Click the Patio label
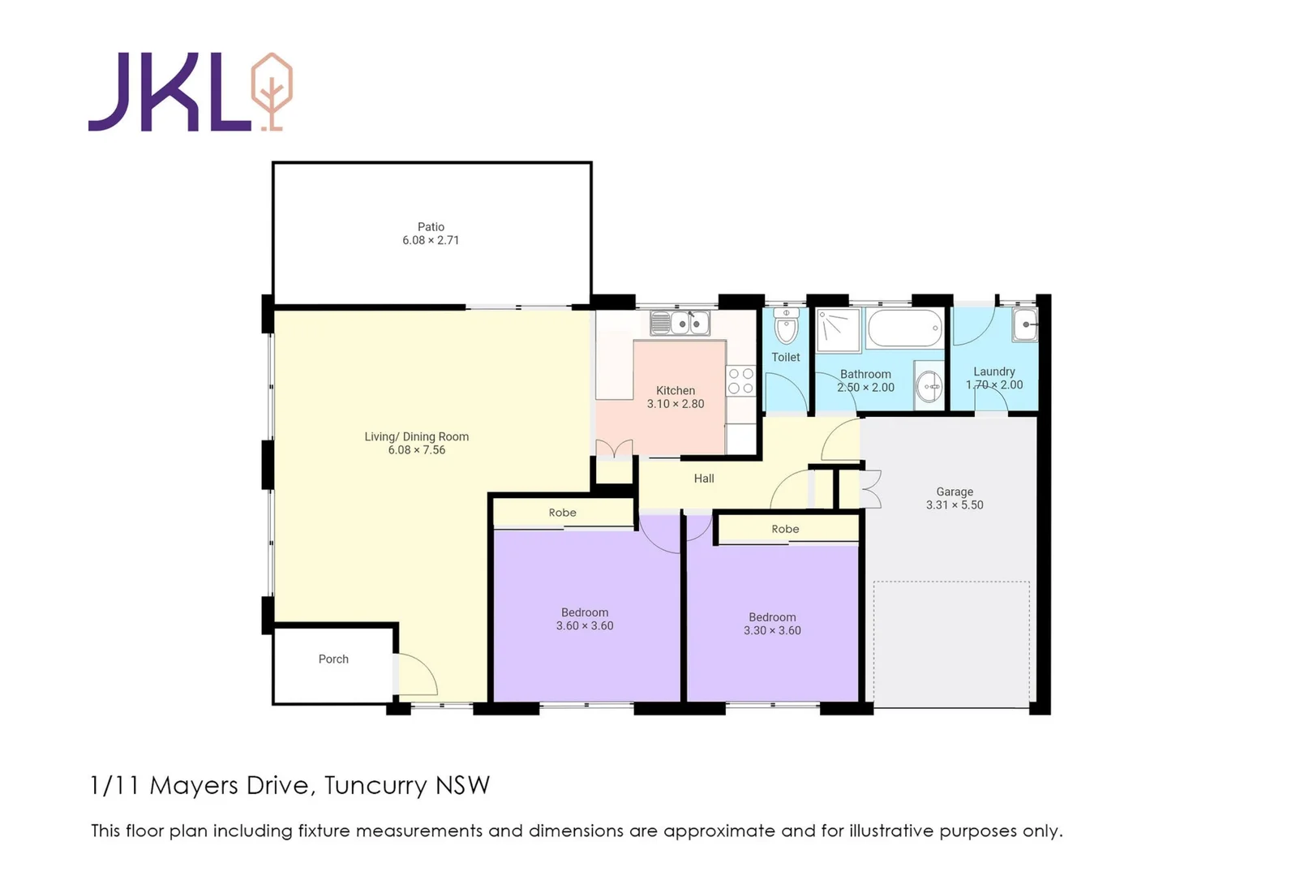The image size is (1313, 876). tap(431, 227)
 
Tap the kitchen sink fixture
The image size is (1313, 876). tap(680, 324)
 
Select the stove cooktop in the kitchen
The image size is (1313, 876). tap(740, 381)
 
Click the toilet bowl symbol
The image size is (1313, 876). tap(786, 328)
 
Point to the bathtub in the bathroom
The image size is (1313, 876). tap(904, 328)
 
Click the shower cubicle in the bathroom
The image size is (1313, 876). tap(838, 330)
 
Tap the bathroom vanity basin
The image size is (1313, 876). tap(929, 387)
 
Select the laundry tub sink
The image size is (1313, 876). tap(1025, 325)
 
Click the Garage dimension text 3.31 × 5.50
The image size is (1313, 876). tap(955, 505)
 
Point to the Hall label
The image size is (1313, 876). tap(704, 479)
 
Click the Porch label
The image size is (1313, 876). tap(333, 659)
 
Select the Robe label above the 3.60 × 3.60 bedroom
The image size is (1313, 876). tap(562, 513)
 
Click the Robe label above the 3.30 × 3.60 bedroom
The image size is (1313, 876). tap(785, 529)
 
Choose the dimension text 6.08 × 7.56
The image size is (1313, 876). tap(416, 450)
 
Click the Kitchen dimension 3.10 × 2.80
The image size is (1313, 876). tap(676, 404)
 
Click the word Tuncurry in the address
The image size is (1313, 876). tap(375, 786)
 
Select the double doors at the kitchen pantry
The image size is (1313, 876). tap(614, 449)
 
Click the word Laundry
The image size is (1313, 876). tap(993, 371)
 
